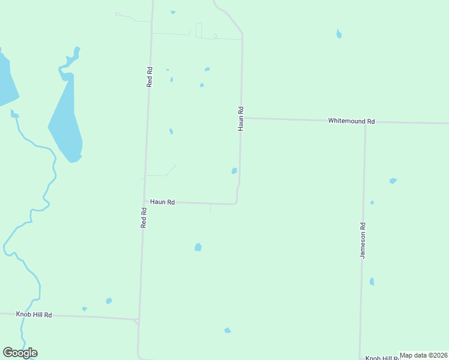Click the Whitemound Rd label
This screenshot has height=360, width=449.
coord(351,121)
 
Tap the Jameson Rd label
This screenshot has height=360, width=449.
coord(363,241)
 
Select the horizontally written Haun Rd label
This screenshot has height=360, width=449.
coord(162,202)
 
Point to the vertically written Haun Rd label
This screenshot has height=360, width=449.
coord(241,119)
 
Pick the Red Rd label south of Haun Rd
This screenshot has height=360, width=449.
coord(143,217)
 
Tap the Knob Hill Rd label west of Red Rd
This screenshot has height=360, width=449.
coord(34,314)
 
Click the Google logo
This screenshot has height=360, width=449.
coord(20,353)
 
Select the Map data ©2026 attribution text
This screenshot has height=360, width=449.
coord(424,355)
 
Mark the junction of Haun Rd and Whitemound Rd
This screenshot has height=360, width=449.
coord(242,118)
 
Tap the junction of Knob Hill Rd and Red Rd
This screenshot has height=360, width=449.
coord(139,319)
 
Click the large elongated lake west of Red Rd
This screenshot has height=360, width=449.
coord(67,120)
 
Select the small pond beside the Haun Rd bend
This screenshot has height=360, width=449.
coord(234,171)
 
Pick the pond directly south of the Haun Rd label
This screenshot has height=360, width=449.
coord(198,247)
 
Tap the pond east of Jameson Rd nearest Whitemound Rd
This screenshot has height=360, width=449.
coord(393,181)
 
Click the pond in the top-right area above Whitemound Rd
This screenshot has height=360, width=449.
coord(339,34)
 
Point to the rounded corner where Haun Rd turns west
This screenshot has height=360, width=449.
coord(237,200)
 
